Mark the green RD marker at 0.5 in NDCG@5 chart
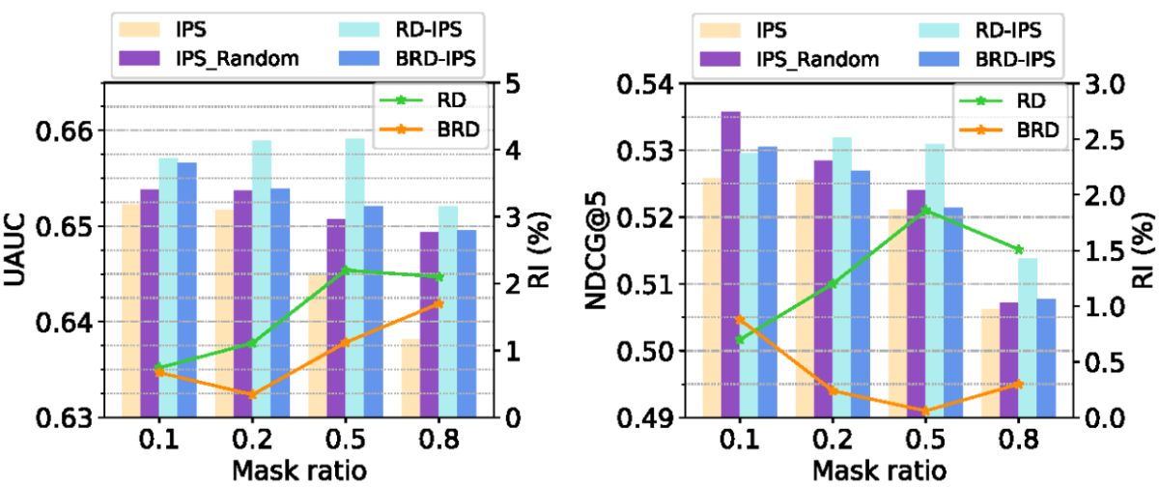pos(925,210)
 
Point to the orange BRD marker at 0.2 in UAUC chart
pos(253,394)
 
